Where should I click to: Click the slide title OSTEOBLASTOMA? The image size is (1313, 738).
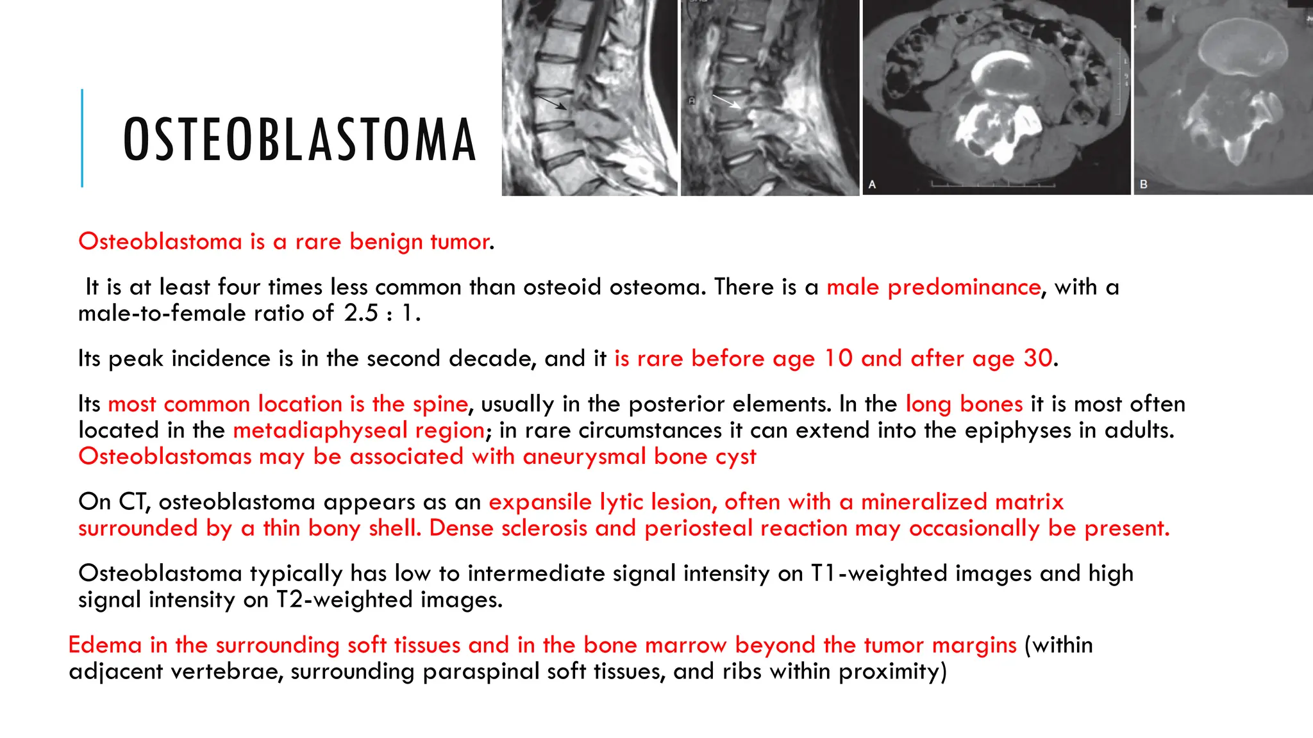click(299, 140)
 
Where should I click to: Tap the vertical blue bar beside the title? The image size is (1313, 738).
click(82, 138)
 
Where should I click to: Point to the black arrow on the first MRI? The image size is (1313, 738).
click(552, 103)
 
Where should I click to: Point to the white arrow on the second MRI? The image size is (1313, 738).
click(726, 102)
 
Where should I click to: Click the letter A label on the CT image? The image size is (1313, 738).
click(873, 184)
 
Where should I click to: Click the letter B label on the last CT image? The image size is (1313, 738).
click(1144, 184)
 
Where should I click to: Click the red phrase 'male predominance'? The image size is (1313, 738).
click(933, 287)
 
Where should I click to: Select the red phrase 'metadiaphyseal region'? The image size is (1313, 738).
click(359, 430)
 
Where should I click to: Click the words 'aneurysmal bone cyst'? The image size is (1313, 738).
click(639, 457)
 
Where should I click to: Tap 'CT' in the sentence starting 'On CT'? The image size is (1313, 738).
click(133, 502)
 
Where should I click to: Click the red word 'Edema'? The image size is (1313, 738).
click(105, 645)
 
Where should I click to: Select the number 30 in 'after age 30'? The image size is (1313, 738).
click(1038, 359)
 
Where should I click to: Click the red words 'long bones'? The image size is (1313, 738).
click(964, 404)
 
